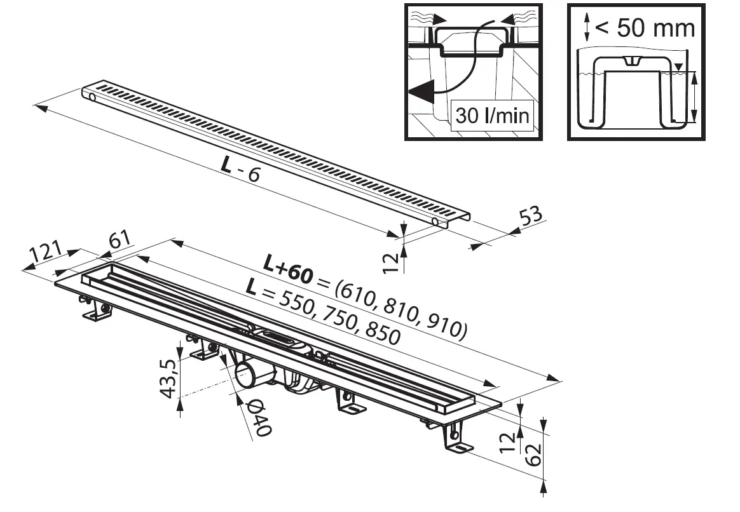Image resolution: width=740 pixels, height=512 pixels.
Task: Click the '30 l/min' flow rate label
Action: (491, 116)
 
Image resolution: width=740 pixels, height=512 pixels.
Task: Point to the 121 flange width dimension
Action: (44, 253)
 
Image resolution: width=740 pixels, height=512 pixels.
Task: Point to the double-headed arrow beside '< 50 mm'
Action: (587, 27)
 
